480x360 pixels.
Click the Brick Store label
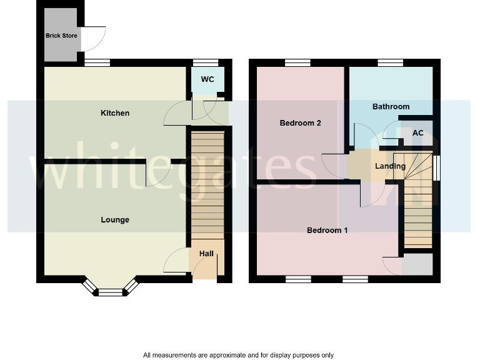click(61, 36)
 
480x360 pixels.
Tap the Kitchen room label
click(115, 113)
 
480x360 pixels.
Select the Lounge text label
click(115, 220)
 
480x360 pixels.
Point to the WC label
click(207, 79)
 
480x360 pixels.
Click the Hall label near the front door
click(206, 254)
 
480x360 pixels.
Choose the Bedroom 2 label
click(300, 123)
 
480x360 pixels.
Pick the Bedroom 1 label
click(327, 231)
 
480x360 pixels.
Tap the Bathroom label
click(391, 107)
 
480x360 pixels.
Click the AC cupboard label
click(418, 133)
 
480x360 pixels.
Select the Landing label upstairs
click(390, 166)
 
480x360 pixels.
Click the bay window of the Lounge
click(110, 289)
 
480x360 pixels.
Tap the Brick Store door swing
click(95, 39)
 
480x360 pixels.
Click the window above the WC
click(206, 62)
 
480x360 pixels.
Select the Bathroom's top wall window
click(390, 62)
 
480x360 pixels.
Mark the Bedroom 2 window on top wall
click(297, 62)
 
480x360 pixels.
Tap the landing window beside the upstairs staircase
click(436, 167)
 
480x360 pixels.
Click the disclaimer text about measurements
click(238, 355)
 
